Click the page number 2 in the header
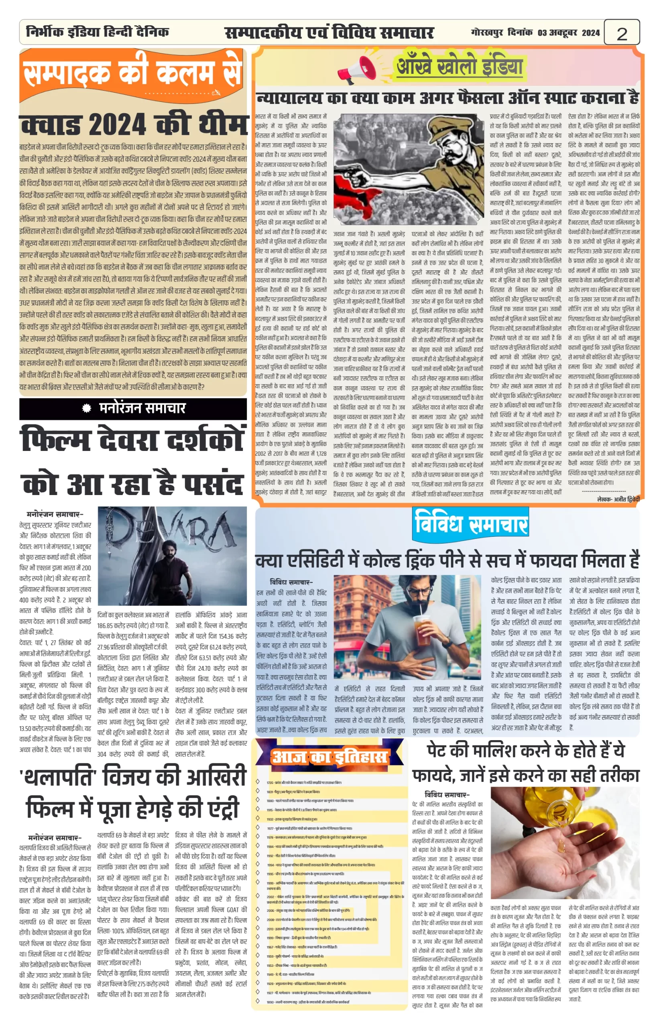point(622,33)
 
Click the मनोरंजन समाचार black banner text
point(142,408)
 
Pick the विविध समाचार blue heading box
point(471,525)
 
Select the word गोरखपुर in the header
point(487,33)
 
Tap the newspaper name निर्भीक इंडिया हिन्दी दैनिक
point(98,32)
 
